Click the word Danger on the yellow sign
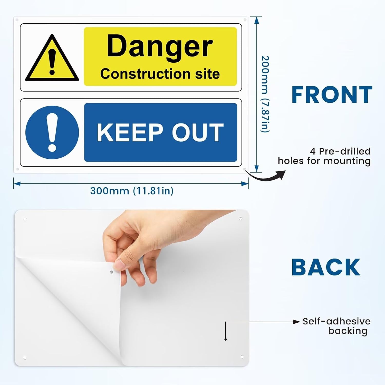(x=160, y=47)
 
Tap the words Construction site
(x=160, y=74)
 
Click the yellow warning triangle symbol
(x=52, y=58)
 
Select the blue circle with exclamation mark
(x=52, y=132)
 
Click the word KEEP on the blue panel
(x=130, y=132)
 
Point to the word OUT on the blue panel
(x=198, y=132)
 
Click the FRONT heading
(x=332, y=95)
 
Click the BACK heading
(x=326, y=267)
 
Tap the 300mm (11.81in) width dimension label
(x=132, y=191)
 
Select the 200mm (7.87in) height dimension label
(x=265, y=94)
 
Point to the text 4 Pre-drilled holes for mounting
(x=324, y=156)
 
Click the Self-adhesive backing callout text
(x=336, y=326)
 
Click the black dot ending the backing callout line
(x=226, y=339)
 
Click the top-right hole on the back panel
(x=240, y=219)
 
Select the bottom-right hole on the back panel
(x=242, y=357)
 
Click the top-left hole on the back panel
(x=25, y=219)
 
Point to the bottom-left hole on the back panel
(x=25, y=358)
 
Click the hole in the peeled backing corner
(x=111, y=272)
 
